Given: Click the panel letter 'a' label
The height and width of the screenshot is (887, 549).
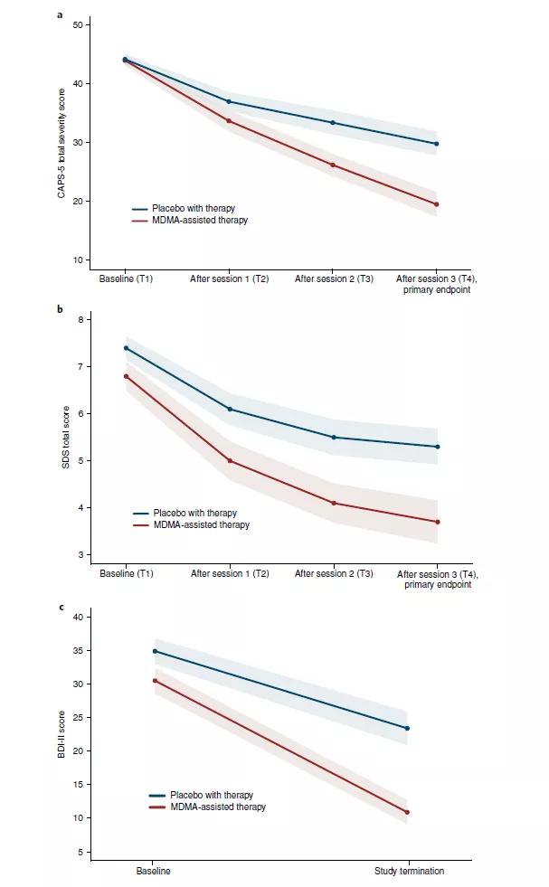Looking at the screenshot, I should (x=60, y=14).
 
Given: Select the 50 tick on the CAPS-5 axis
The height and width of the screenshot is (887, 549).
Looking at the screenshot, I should (x=80, y=24).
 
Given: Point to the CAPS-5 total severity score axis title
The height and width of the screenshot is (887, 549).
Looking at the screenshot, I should (x=62, y=141).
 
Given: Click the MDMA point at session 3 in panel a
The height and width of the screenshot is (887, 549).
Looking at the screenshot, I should (x=437, y=204).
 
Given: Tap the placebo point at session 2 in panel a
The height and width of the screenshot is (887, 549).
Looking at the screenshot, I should (x=333, y=123).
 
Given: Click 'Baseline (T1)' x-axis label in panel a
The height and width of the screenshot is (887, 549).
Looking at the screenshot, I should (x=126, y=279).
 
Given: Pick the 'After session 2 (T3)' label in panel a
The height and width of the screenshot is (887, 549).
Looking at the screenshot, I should (x=334, y=279).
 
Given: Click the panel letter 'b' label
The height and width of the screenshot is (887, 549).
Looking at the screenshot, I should (x=60, y=309).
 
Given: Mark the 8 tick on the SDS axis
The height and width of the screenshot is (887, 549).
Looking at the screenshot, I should (x=80, y=320).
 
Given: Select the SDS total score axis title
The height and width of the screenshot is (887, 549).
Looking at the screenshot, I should (x=62, y=436).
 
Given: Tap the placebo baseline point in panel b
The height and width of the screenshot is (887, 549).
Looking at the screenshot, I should (x=126, y=348).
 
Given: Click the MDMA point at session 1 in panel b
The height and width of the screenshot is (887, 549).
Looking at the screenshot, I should (x=230, y=461).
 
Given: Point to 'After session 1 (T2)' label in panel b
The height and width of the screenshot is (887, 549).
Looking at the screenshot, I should (x=230, y=574).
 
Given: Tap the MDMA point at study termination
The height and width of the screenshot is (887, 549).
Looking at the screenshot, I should (x=407, y=812).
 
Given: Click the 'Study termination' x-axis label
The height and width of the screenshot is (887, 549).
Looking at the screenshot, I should (x=409, y=872).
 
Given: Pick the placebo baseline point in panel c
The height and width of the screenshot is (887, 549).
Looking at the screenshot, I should (x=154, y=651).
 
